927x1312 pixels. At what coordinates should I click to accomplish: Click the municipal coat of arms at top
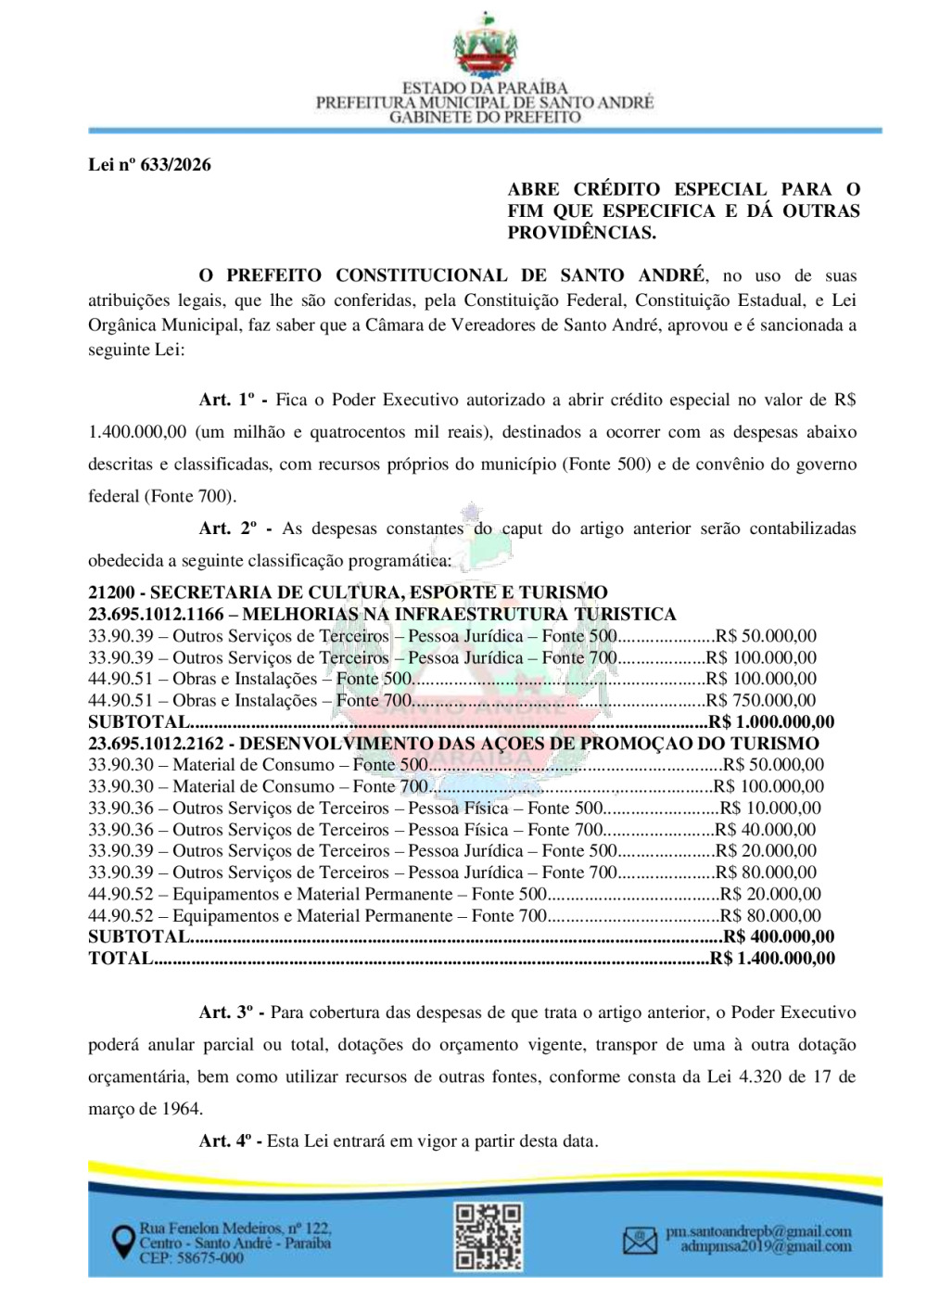[485, 46]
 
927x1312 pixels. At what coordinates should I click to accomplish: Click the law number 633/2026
[149, 165]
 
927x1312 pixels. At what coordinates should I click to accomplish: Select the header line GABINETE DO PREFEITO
[485, 118]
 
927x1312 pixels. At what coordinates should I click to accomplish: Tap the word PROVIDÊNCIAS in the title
[581, 233]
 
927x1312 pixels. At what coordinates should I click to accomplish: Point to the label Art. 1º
[227, 400]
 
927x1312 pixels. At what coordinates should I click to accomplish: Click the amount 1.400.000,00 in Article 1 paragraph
[137, 432]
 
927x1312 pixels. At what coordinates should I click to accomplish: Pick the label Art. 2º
[228, 529]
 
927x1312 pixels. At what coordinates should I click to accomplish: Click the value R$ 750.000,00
[761, 701]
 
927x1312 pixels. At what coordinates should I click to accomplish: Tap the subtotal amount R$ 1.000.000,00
[772, 722]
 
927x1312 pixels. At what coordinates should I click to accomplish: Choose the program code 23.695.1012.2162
[156, 744]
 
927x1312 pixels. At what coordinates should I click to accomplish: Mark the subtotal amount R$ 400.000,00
[779, 937]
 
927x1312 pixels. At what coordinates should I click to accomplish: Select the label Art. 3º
[227, 1013]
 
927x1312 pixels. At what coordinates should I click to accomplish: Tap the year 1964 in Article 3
[183, 1109]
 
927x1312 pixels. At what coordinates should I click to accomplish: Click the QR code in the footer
[488, 1237]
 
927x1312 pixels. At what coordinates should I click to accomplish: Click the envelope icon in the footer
[640, 1241]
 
